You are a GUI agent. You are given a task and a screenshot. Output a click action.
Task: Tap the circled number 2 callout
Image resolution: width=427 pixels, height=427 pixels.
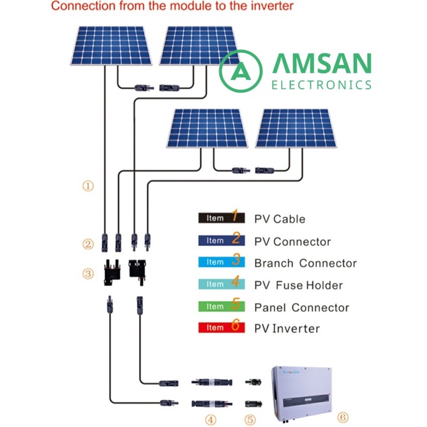88,245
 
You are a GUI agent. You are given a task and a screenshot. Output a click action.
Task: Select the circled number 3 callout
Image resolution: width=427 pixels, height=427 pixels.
88,274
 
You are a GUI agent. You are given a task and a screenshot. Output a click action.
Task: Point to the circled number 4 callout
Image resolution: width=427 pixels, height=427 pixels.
210,419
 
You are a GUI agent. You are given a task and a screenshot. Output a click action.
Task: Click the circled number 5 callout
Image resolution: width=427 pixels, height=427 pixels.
251,419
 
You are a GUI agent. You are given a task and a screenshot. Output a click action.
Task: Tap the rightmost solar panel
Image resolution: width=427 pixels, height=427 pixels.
296,128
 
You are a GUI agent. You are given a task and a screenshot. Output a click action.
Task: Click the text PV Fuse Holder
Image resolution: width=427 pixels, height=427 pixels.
298,285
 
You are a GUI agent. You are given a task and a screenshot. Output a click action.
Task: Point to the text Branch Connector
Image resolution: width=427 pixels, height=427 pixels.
305,264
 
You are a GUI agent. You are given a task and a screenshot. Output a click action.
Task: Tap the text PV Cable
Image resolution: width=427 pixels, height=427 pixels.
279,219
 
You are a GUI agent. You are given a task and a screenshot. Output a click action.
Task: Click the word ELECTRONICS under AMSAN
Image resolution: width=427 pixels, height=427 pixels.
321,85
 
